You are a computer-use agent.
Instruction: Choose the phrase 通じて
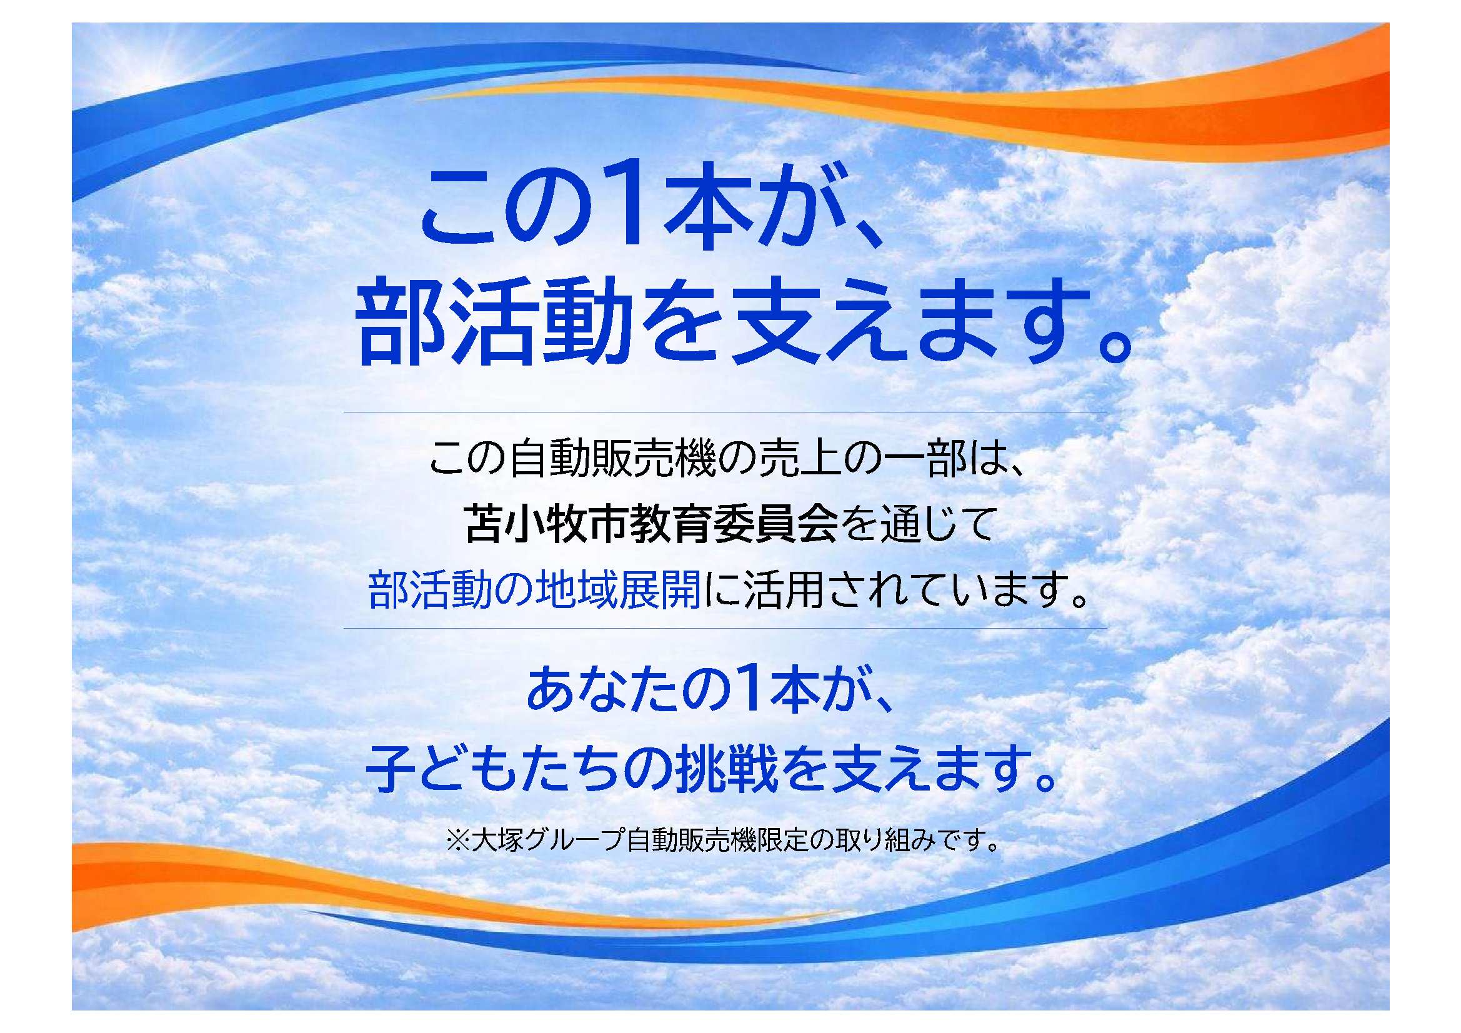[x=937, y=524]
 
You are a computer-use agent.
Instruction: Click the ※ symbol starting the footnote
[x=457, y=840]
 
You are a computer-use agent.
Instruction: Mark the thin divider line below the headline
[x=726, y=412]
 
